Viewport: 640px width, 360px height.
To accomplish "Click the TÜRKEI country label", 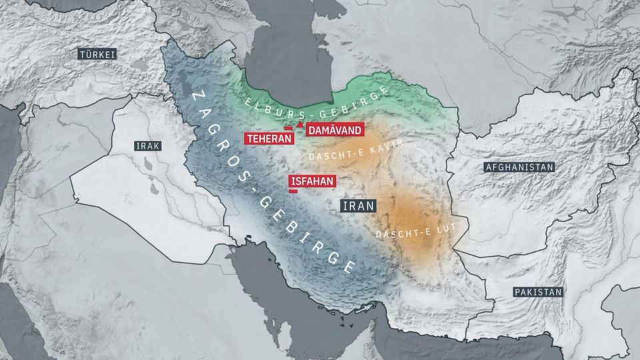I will point(97,54).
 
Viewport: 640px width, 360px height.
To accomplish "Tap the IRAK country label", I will point(147,146).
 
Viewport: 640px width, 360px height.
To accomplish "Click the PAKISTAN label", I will point(538,292).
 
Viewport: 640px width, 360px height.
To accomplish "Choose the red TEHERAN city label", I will point(270,139).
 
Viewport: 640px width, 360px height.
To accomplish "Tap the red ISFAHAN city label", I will point(311,181).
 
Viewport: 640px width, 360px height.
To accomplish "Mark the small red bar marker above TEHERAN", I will point(288,129).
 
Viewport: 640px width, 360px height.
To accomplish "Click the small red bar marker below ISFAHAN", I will point(293,191).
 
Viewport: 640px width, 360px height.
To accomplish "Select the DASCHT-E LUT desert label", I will point(404,231).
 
